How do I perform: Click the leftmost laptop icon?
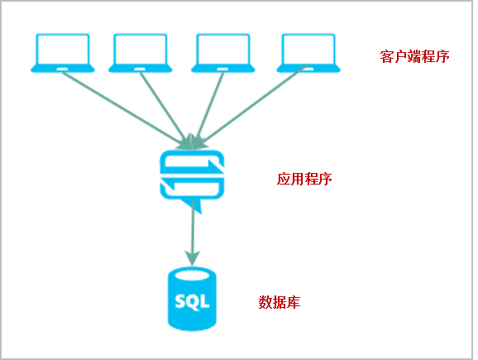pyautogui.click(x=63, y=53)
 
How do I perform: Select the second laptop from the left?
pyautogui.click(x=141, y=53)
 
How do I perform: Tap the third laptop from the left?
pyautogui.click(x=223, y=53)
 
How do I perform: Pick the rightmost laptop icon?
pyautogui.click(x=308, y=53)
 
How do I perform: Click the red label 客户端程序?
pyautogui.click(x=414, y=56)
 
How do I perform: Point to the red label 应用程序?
pyautogui.click(x=304, y=179)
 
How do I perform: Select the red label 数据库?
pyautogui.click(x=280, y=302)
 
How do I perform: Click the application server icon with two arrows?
pyautogui.click(x=192, y=180)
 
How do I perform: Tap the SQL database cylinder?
pyautogui.click(x=192, y=299)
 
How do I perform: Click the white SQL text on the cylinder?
pyautogui.click(x=192, y=301)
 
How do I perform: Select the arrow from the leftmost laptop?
pyautogui.click(x=125, y=109)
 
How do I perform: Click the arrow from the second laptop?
pyautogui.click(x=165, y=109)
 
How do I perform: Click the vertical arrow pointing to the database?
pyautogui.click(x=193, y=233)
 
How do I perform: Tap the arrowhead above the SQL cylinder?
pyautogui.click(x=193, y=258)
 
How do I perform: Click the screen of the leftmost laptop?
pyautogui.click(x=63, y=50)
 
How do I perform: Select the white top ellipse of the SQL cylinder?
pyautogui.click(x=192, y=276)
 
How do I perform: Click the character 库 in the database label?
pyautogui.click(x=294, y=302)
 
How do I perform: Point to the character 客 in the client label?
pyautogui.click(x=386, y=56)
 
